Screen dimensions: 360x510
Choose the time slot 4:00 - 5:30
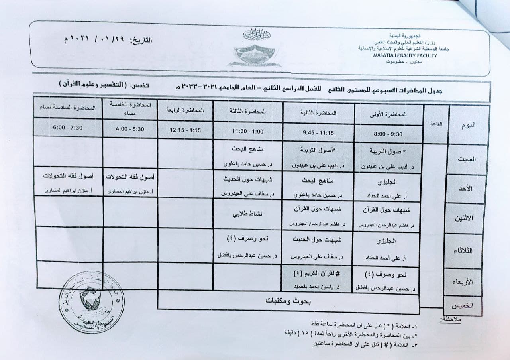point(129,129)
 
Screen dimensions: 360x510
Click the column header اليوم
point(469,125)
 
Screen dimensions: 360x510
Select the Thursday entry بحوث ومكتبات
point(289,301)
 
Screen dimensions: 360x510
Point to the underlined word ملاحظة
point(450,319)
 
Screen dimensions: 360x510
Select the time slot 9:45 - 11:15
point(318,133)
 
